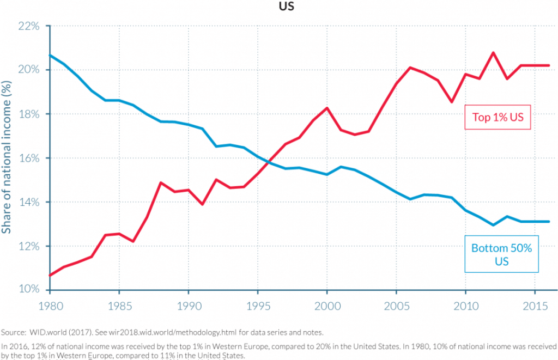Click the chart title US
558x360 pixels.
tap(287, 9)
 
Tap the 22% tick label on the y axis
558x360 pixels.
tap(30, 26)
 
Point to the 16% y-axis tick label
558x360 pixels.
tap(30, 158)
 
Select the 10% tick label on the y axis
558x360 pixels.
tap(30, 289)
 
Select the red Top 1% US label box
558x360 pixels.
tap(497, 117)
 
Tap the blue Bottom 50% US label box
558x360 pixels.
tap(501, 254)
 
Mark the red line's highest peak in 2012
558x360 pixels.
tap(493, 53)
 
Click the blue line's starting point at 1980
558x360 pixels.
tap(50, 56)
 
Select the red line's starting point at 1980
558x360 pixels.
tap(50, 275)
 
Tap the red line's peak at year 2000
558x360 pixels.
tap(327, 108)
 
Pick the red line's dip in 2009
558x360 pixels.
tap(452, 102)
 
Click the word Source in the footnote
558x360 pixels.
tap(12, 332)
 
